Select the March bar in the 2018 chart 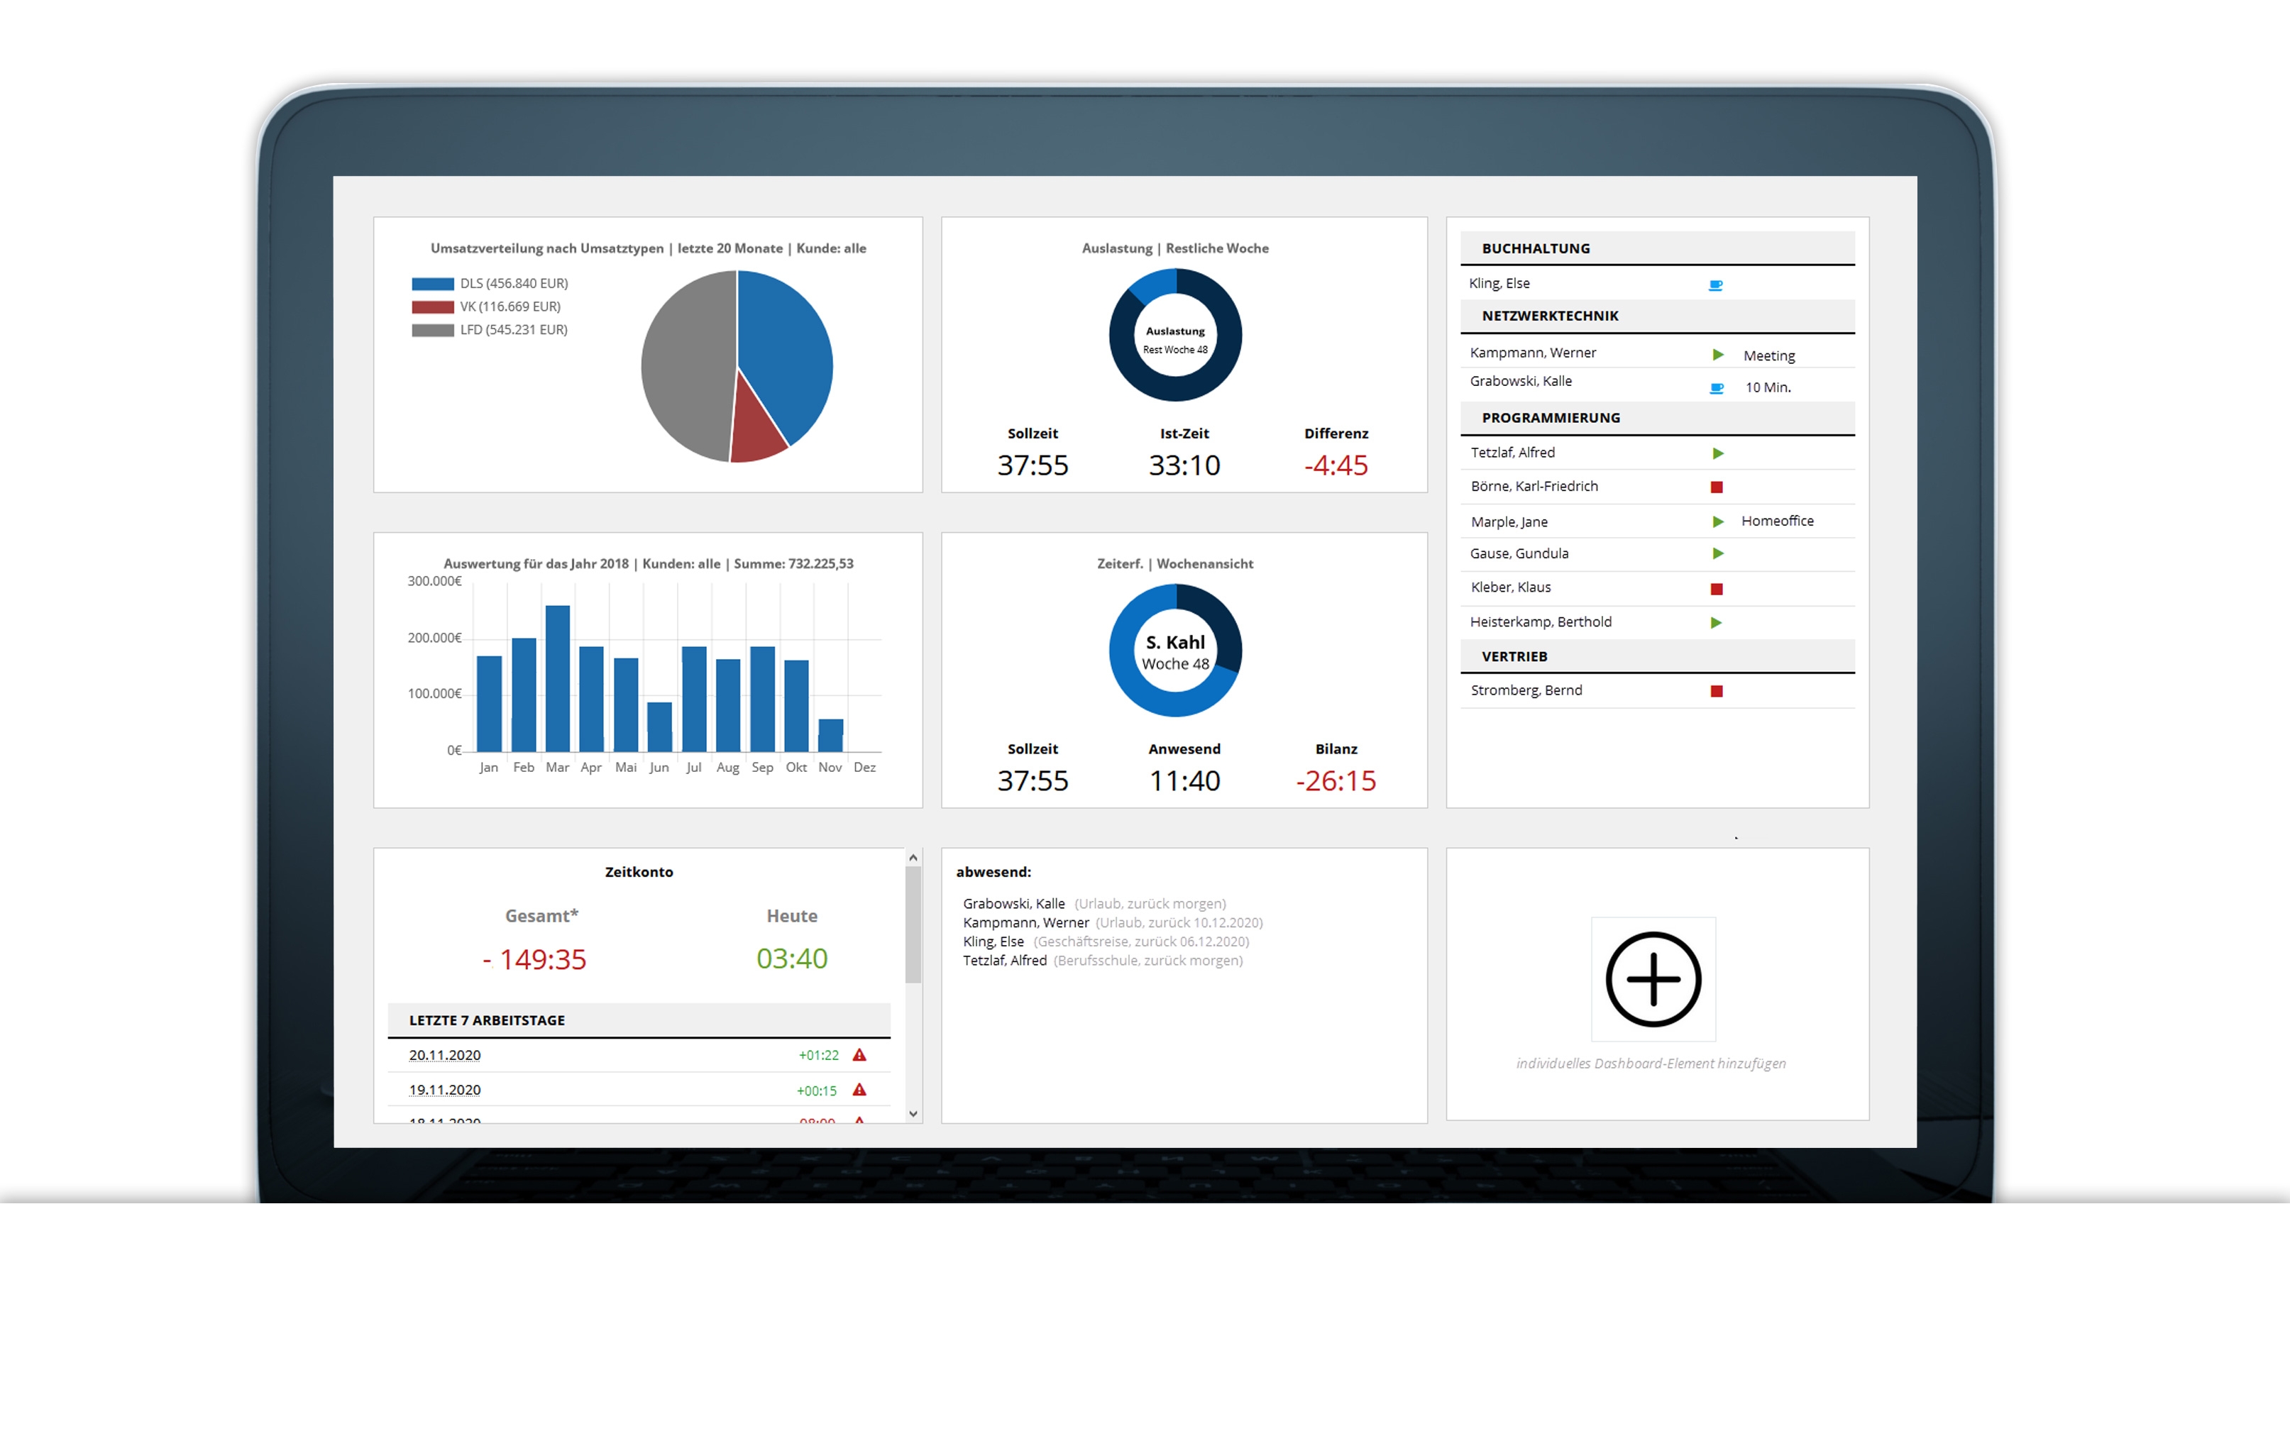coord(558,678)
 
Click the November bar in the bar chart coord(830,735)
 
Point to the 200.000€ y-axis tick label coord(434,637)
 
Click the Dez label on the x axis coord(864,768)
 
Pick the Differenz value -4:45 coord(1336,465)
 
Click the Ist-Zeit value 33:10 coord(1184,465)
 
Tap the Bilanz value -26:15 coord(1336,780)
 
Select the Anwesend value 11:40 coord(1184,780)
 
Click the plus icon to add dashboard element coord(1653,979)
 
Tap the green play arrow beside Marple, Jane coord(1717,521)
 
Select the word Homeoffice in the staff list coord(1777,521)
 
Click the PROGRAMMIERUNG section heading coord(1551,418)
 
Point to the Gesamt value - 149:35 coord(535,959)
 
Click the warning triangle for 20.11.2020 coord(859,1055)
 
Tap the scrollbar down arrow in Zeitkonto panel coord(913,1114)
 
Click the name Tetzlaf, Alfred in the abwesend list coord(1004,960)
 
